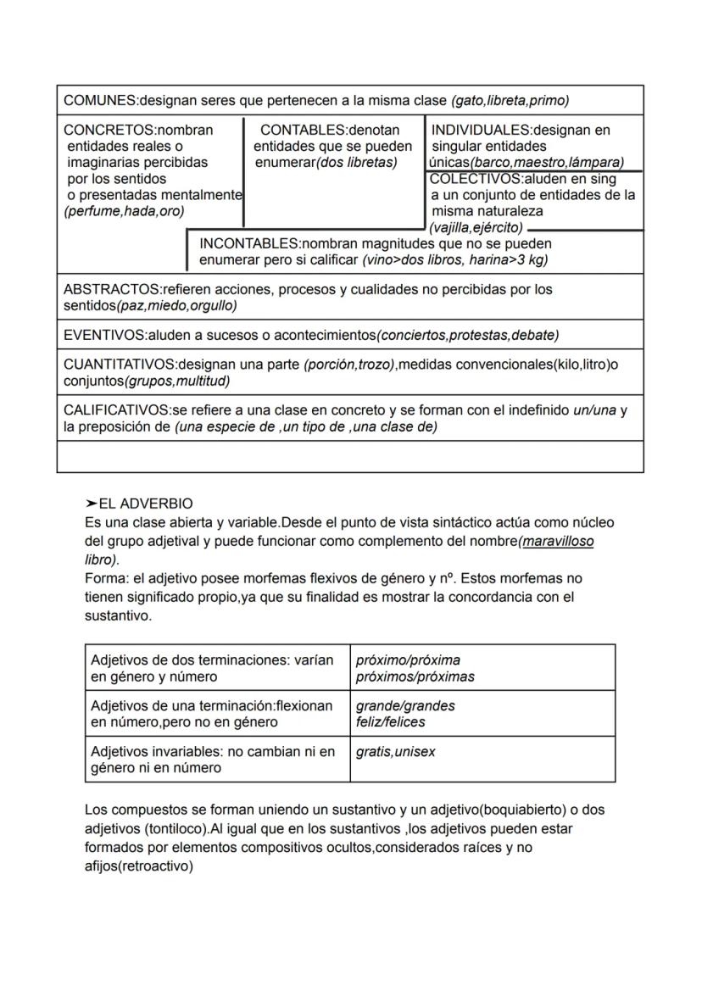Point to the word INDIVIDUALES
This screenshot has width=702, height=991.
(x=480, y=131)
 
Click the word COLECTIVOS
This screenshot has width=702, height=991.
(x=476, y=179)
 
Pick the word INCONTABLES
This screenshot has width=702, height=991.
(x=249, y=244)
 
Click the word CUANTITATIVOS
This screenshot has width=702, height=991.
(x=118, y=365)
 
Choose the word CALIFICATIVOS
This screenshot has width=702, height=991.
(x=116, y=410)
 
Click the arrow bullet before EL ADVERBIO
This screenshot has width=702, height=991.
(x=92, y=504)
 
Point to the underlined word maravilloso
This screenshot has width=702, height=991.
(x=558, y=540)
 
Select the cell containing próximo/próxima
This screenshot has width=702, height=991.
(x=482, y=668)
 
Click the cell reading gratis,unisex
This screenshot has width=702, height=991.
(x=482, y=760)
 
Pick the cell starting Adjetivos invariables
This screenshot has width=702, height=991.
(x=217, y=760)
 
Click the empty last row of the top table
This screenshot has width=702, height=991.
(x=349, y=457)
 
